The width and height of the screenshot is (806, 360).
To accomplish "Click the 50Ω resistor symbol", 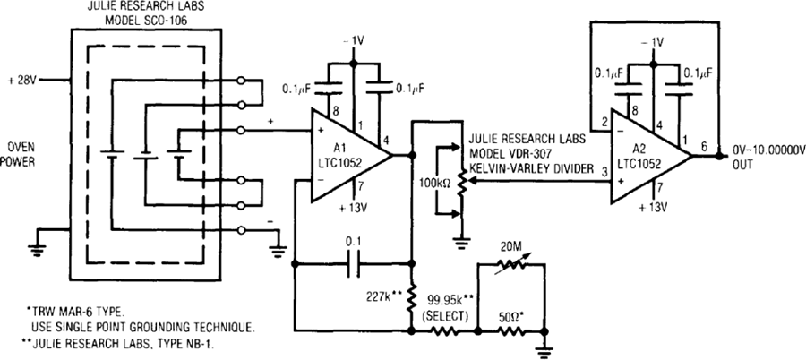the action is click(510, 332).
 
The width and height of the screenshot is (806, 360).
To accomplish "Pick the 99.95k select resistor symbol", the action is click(444, 332).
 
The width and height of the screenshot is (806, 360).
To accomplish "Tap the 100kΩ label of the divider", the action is click(428, 182).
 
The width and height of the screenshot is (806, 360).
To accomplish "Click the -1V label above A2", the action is click(653, 42).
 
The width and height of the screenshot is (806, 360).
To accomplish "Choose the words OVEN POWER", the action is click(21, 155).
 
